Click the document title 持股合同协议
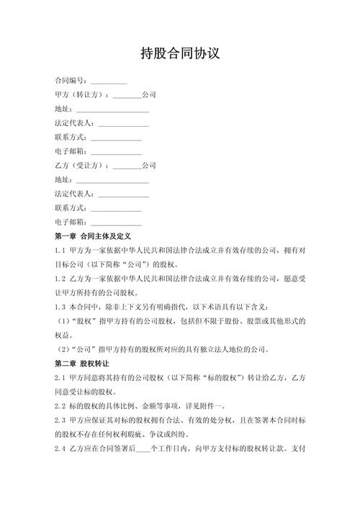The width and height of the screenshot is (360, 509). (179, 54)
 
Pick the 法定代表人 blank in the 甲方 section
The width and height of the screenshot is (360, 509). (123, 123)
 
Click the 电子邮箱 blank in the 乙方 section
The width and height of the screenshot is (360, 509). (116, 222)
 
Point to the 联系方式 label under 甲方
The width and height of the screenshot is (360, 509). (70, 138)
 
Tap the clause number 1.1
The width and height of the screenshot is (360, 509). (60, 251)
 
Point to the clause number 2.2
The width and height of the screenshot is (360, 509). (60, 406)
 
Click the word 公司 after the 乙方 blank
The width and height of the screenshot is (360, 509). (149, 166)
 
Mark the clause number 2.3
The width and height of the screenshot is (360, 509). (60, 420)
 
